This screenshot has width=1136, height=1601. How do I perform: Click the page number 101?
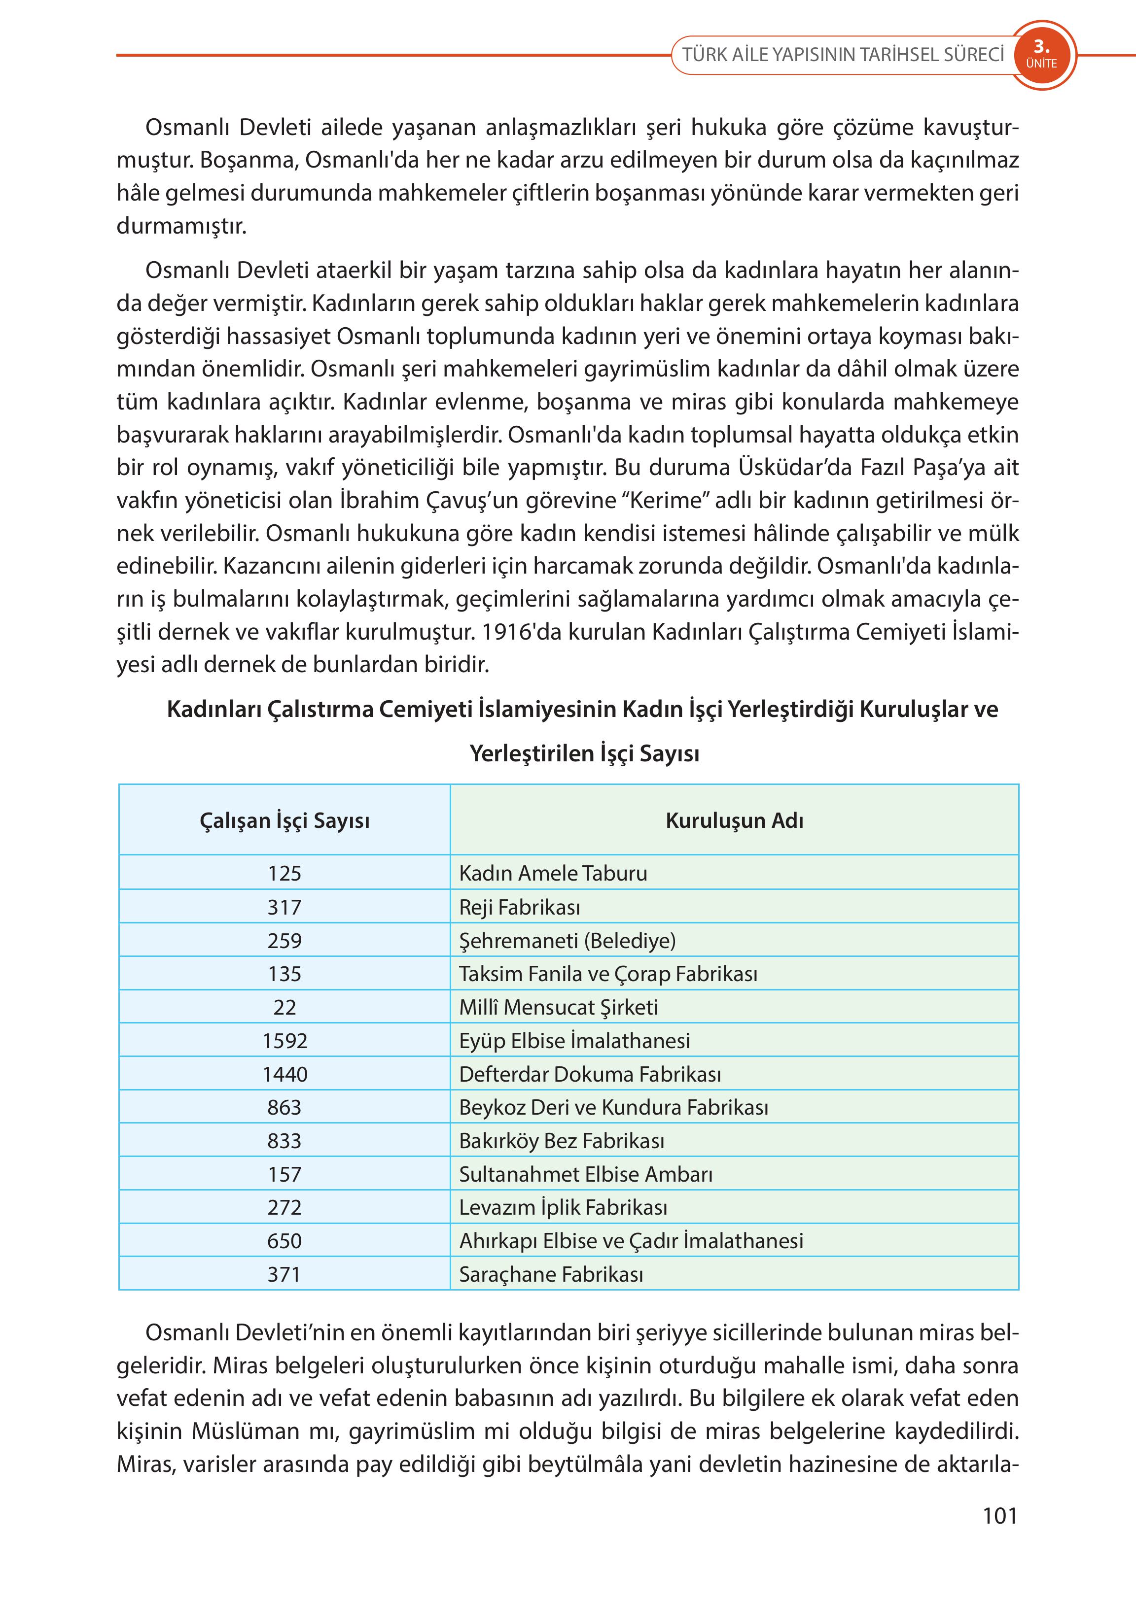999,1516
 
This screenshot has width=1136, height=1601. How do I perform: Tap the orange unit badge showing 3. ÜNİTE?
1041,55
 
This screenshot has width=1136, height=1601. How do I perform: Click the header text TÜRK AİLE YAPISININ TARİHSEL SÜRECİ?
843,55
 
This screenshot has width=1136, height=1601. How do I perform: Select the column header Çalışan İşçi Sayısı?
284,820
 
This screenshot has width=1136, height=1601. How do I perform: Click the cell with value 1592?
284,1040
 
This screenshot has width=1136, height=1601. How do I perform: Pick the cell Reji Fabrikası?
520,908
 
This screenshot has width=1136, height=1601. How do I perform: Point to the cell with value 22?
284,1007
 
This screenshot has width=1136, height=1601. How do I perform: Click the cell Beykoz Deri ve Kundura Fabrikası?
613,1107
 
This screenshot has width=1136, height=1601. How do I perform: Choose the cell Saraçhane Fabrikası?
551,1274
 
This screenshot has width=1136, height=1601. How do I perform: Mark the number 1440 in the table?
284,1074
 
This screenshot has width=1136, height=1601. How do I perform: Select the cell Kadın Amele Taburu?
553,873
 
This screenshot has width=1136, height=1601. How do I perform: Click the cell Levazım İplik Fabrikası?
563,1207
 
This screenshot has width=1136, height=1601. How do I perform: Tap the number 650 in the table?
284,1241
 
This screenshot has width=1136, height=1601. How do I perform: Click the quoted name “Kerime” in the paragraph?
657,501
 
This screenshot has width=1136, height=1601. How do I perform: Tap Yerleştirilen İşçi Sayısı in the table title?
584,753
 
